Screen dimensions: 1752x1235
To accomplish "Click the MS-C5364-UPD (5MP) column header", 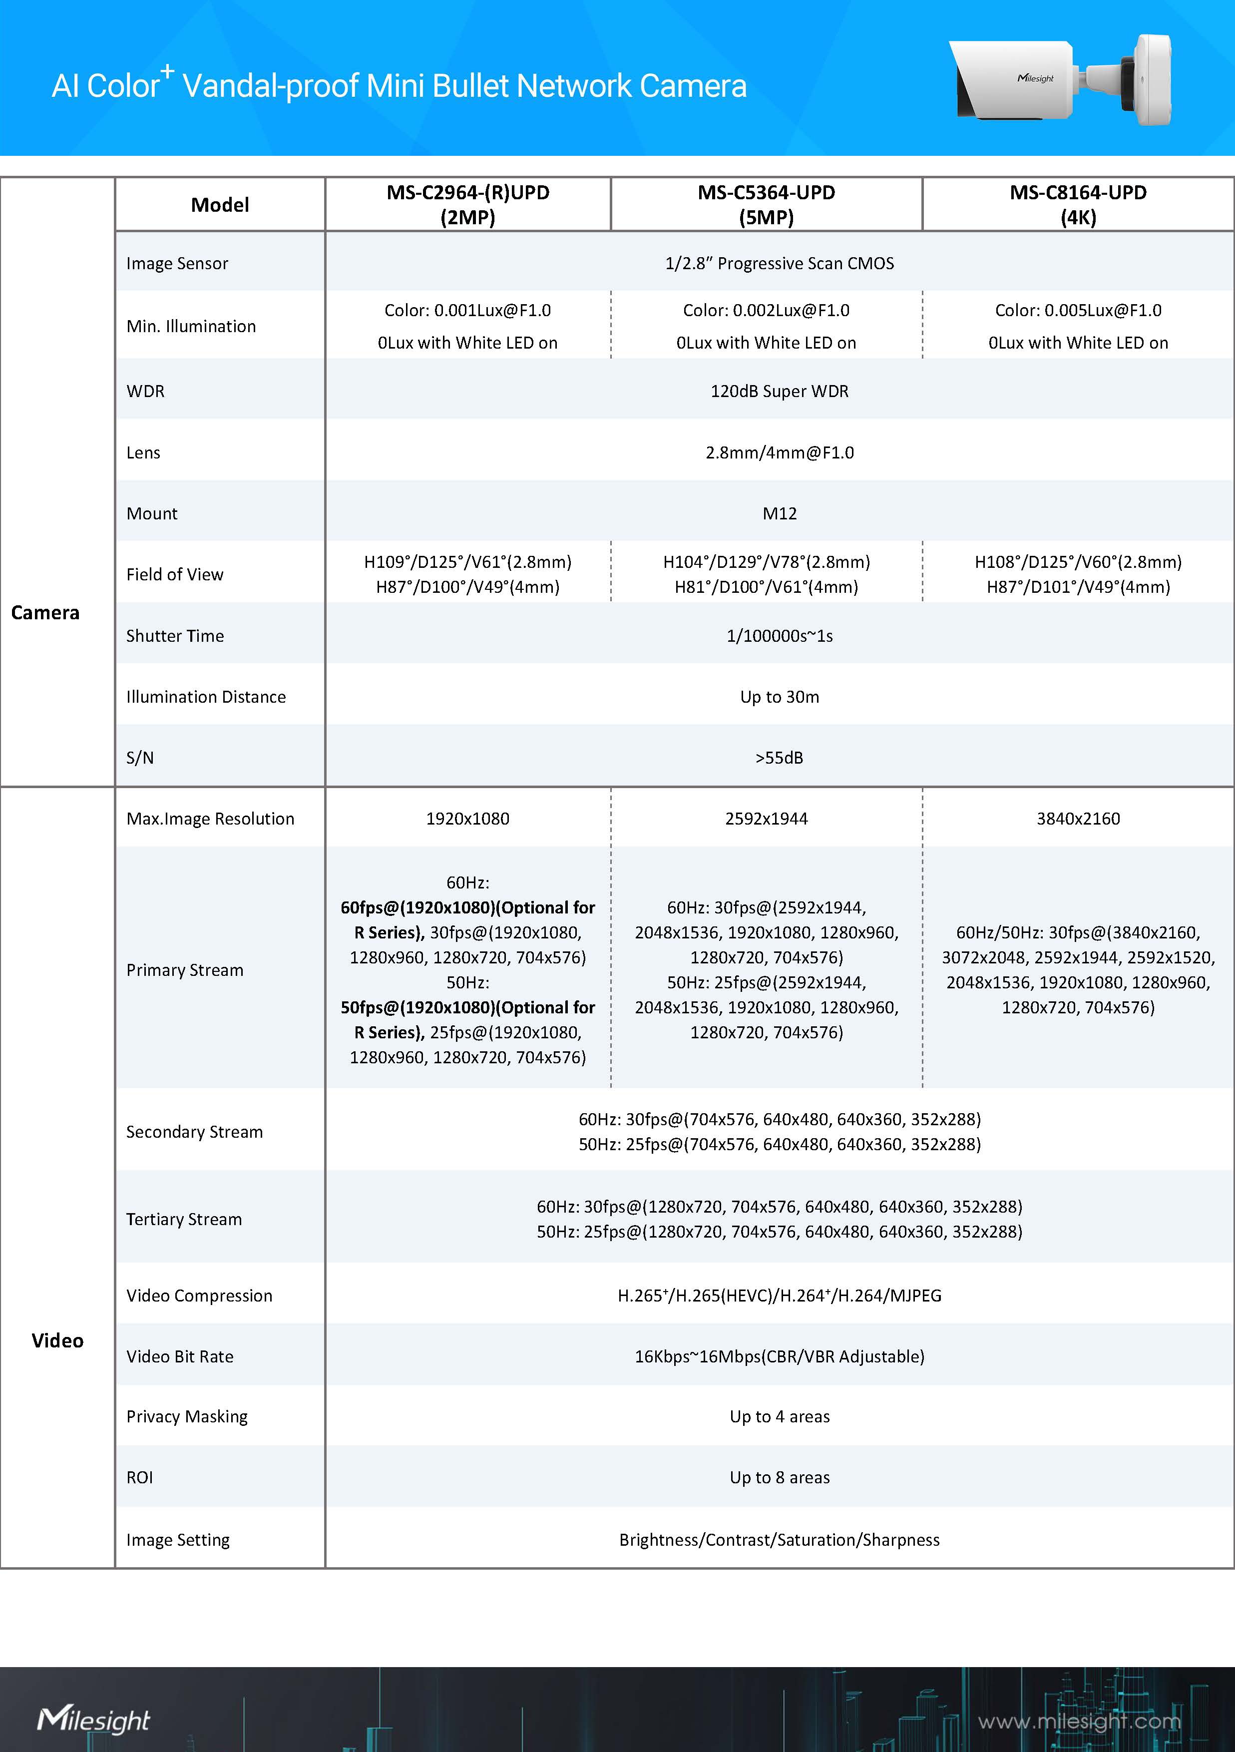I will coord(766,204).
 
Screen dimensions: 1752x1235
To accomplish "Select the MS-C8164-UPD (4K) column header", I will coord(1078,204).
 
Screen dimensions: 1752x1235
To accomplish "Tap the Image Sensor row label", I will coord(177,263).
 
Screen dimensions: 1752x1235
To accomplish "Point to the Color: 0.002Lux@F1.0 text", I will coord(766,311).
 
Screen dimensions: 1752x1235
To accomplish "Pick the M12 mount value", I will coord(779,513).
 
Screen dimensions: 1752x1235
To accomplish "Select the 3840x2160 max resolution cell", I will coord(1078,819).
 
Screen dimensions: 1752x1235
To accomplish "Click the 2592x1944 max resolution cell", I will coord(766,819).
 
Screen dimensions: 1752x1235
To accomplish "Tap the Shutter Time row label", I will coord(175,636).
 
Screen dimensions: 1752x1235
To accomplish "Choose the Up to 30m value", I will coord(779,697).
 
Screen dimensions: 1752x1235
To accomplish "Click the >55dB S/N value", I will coord(779,758).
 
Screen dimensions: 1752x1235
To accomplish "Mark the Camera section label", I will coord(45,613).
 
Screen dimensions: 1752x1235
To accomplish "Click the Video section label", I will coord(57,1340).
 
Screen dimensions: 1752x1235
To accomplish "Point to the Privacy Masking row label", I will coord(187,1416).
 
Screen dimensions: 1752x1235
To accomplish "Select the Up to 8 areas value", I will coord(779,1477).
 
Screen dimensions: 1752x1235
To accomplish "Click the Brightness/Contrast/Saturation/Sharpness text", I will coord(779,1540).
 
